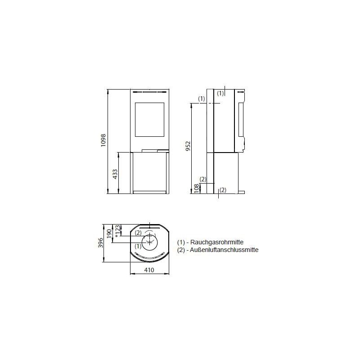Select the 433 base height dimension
(115, 174)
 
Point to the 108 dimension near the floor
(196, 188)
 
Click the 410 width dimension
(149, 270)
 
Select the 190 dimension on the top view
(109, 234)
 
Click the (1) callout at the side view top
(220, 93)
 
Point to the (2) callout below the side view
(222, 189)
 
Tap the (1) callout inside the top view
(138, 246)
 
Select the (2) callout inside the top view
(139, 233)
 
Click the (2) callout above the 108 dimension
(203, 179)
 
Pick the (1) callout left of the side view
(202, 98)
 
